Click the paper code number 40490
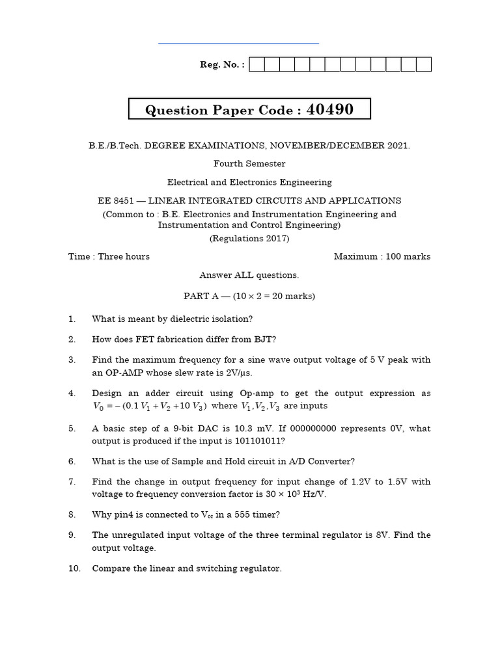coord(330,109)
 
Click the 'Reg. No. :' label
coord(222,65)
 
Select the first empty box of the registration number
coord(257,64)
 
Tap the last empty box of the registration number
coord(424,64)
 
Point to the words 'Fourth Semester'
coord(249,164)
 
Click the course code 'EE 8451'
coord(115,201)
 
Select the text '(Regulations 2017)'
coord(249,239)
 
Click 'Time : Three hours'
coord(109,256)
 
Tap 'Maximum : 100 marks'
coord(382,256)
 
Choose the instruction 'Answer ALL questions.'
coord(249,275)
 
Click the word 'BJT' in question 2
coord(268,339)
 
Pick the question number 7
coord(72,482)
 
